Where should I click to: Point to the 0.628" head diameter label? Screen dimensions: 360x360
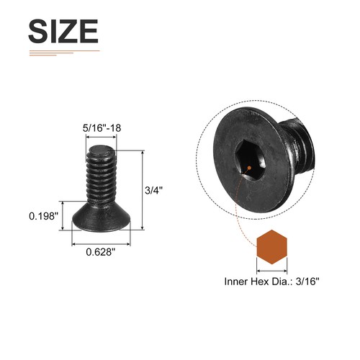(x=101, y=252)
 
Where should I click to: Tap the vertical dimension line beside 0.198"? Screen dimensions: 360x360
(x=70, y=215)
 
